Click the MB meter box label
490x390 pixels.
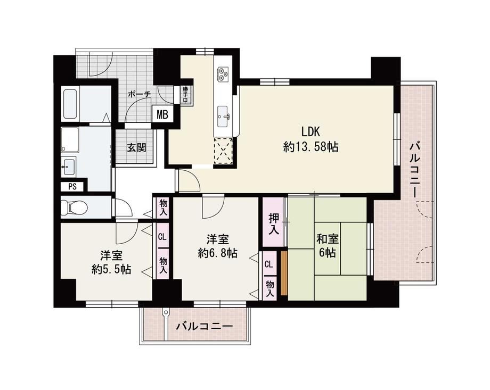(x=162, y=114)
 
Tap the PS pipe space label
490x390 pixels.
(x=72, y=187)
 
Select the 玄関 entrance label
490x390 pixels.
(x=136, y=147)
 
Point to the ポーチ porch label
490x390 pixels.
(x=139, y=94)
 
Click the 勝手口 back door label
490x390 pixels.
(x=186, y=94)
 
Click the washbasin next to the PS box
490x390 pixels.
(x=69, y=167)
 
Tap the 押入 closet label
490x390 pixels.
(x=274, y=224)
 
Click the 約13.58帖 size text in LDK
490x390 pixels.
(x=311, y=146)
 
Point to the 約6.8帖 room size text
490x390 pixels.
(x=217, y=253)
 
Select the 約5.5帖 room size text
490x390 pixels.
(x=111, y=269)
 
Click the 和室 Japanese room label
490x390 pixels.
(x=328, y=239)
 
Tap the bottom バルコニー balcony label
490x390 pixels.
(x=205, y=327)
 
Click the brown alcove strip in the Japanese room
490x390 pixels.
(x=284, y=273)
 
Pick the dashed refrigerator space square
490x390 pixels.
(x=223, y=151)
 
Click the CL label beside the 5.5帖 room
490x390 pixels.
(x=162, y=237)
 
